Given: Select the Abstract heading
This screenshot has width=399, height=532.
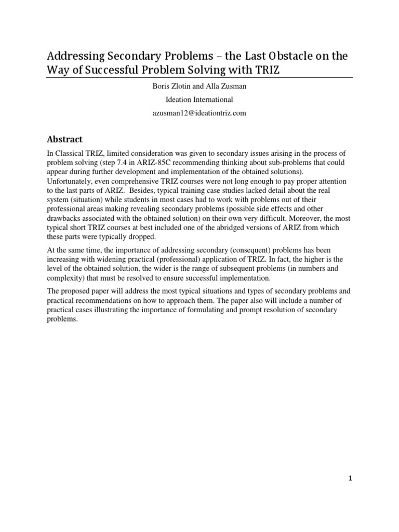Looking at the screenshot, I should [65, 139].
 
